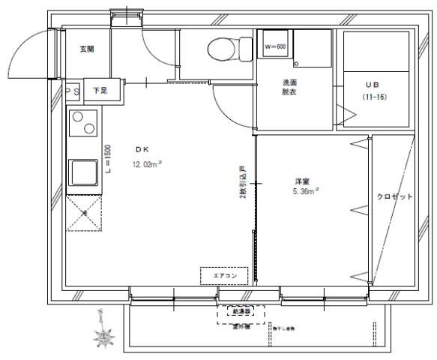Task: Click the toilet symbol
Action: [x=220, y=50]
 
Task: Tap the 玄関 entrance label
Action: [x=88, y=49]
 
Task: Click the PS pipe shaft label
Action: [x=72, y=91]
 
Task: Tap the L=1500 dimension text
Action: [x=108, y=160]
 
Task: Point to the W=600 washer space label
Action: [x=274, y=46]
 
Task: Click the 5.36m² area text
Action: [x=305, y=191]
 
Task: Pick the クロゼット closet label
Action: [x=394, y=196]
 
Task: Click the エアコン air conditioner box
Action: [x=224, y=276]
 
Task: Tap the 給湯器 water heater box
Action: [x=241, y=310]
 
